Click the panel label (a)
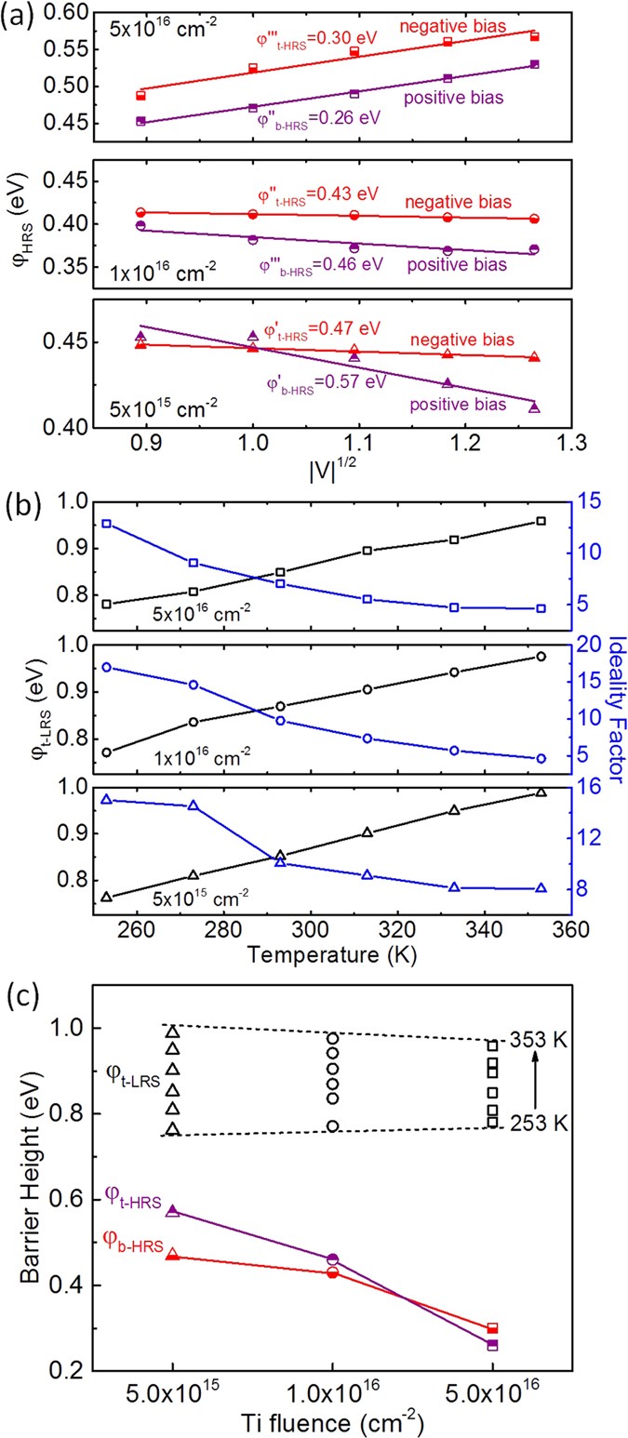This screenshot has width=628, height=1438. (x=20, y=16)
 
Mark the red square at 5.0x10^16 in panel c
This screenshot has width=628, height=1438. (x=492, y=1328)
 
